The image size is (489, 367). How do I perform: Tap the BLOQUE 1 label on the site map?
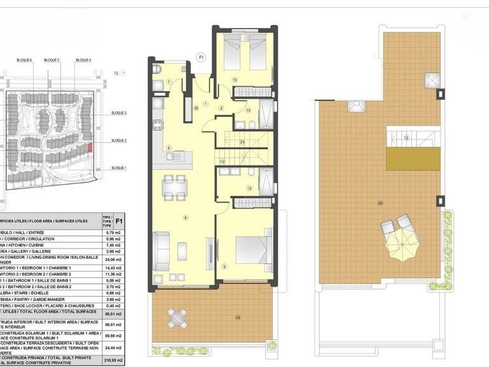(119, 168)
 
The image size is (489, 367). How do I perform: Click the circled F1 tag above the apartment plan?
(201, 57)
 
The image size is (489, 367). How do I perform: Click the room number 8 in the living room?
(185, 217)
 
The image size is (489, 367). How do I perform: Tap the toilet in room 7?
(157, 68)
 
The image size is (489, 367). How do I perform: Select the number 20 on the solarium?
(380, 203)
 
